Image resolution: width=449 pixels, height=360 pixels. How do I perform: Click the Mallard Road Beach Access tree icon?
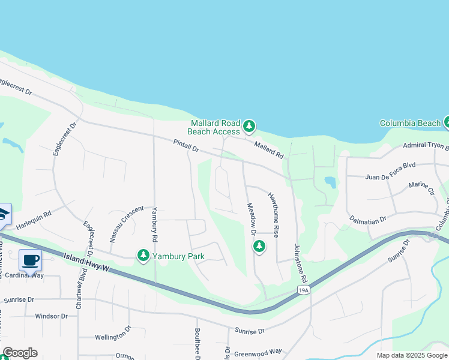tap(249, 127)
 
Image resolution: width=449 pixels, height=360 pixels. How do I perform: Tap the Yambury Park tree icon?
tap(143, 256)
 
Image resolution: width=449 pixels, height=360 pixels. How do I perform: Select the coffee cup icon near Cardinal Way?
tap(30, 260)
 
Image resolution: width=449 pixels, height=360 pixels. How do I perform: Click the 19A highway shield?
tap(304, 290)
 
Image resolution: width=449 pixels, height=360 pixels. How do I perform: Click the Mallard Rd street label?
tap(268, 149)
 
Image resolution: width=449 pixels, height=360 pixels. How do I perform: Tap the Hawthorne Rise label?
tap(274, 214)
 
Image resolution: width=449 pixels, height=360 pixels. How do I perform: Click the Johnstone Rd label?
tap(300, 263)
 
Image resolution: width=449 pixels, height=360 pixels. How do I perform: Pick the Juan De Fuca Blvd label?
tap(390, 176)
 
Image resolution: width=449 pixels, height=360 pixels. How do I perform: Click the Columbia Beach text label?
tap(410, 123)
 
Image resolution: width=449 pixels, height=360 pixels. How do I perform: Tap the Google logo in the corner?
tap(20, 353)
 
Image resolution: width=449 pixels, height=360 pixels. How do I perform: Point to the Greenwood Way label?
tap(258, 352)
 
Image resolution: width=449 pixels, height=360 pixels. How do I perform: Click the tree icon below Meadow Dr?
tap(259, 246)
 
